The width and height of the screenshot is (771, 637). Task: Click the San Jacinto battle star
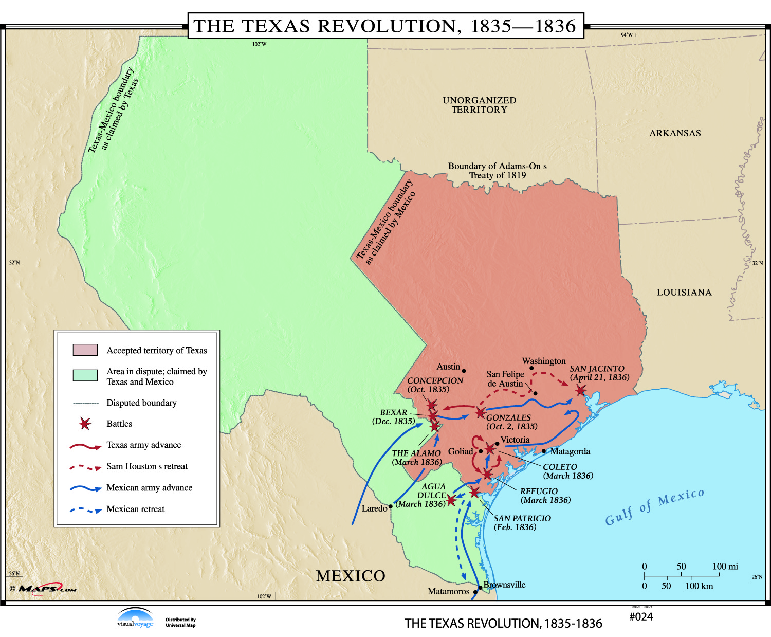click(580, 391)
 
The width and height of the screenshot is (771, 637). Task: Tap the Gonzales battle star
click(480, 412)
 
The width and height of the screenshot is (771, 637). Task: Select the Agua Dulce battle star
click(451, 500)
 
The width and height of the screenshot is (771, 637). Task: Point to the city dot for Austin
click(464, 371)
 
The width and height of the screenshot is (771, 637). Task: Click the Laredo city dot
click(391, 506)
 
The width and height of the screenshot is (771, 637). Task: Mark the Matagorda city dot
click(544, 451)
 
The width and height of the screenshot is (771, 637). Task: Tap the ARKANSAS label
click(675, 133)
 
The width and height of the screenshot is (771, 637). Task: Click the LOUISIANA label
click(684, 293)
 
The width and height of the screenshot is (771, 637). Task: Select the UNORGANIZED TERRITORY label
click(480, 105)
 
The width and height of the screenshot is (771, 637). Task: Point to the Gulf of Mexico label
click(654, 507)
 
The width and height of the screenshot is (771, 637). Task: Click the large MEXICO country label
click(351, 576)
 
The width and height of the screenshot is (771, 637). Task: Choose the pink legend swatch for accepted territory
click(85, 350)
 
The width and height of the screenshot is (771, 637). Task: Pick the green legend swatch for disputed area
click(85, 375)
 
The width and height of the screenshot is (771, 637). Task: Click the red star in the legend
click(85, 424)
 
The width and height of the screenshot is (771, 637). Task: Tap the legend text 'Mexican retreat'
click(136, 509)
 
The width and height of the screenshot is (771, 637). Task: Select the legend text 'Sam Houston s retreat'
click(147, 466)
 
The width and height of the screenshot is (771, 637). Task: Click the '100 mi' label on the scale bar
click(725, 567)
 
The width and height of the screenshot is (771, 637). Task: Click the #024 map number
click(640, 617)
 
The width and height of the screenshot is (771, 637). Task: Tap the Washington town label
click(544, 361)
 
